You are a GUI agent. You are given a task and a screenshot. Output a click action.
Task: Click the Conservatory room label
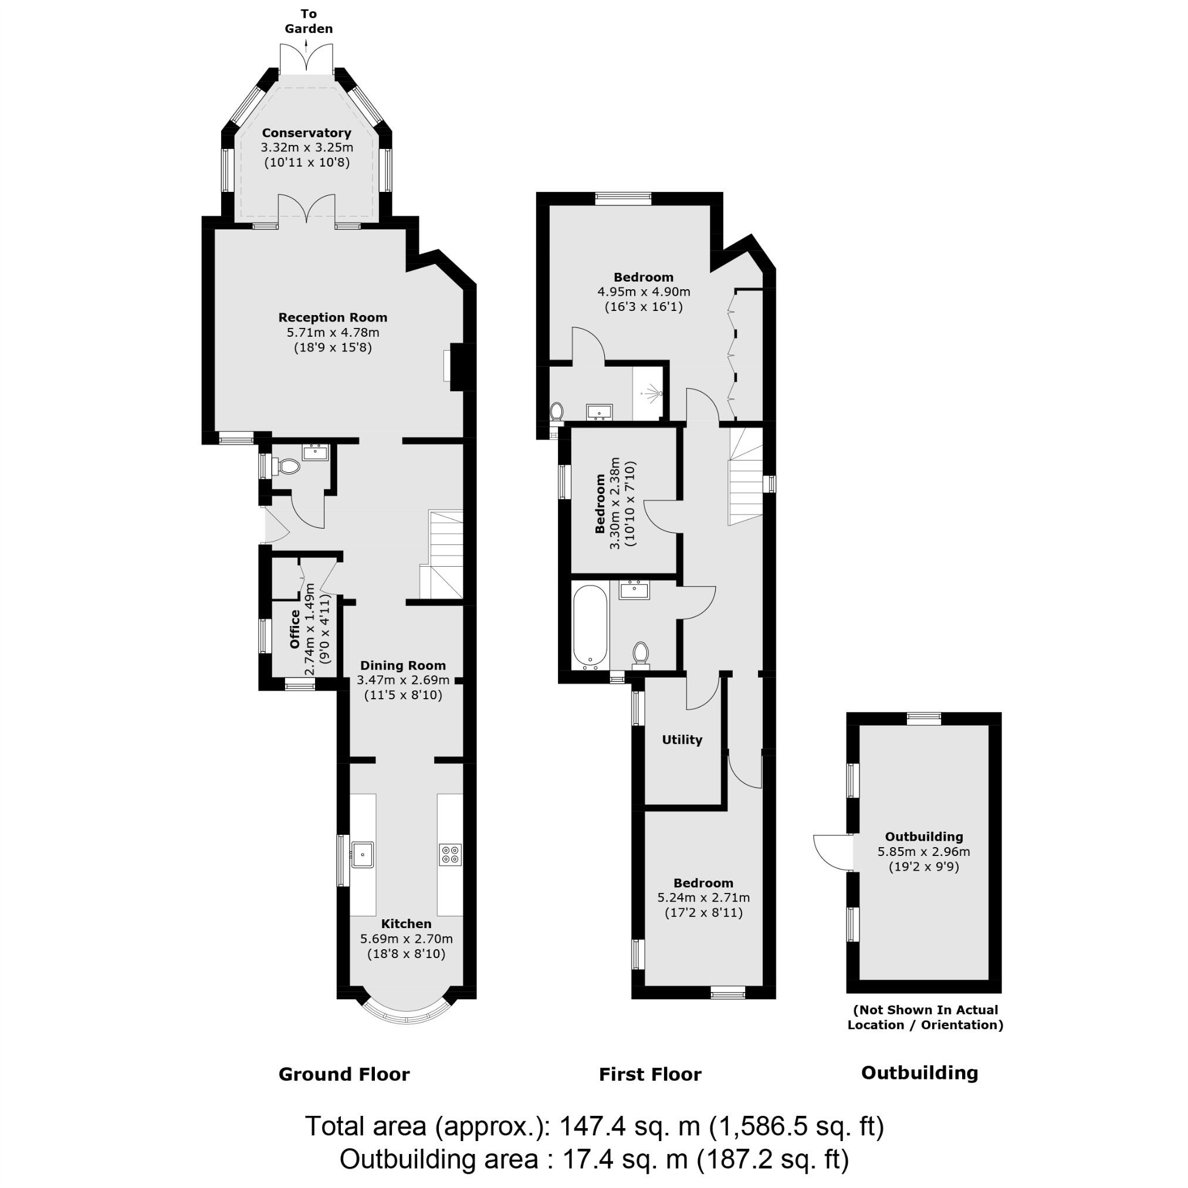(306, 133)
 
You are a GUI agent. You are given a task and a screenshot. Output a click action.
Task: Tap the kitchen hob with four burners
(450, 855)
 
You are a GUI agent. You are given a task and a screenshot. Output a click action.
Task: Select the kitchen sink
(362, 855)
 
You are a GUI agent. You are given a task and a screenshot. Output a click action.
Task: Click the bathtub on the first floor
(590, 627)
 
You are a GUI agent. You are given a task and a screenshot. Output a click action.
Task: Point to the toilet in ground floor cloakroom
(286, 467)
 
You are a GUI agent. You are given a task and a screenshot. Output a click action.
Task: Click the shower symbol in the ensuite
(651, 392)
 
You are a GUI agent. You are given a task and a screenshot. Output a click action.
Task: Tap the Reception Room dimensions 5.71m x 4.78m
(333, 333)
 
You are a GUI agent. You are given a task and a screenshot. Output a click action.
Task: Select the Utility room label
(682, 740)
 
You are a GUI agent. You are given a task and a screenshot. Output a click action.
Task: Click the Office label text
(295, 628)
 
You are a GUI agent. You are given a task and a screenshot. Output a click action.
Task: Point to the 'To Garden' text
(309, 21)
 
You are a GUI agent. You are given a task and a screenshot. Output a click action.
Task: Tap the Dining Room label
(403, 665)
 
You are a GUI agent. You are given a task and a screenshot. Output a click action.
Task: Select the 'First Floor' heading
(650, 1074)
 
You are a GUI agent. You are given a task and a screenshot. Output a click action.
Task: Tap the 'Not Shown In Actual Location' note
(925, 1017)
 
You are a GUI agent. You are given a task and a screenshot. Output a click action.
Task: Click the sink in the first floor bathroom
(634, 590)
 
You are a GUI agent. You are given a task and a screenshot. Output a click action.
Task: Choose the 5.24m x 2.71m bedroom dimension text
(703, 898)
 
